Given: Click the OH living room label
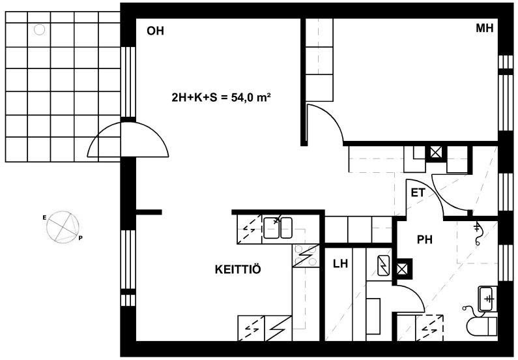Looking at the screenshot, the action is point(155,31).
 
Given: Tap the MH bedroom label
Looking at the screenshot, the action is point(484,28).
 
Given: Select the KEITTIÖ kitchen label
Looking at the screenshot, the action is point(238,269).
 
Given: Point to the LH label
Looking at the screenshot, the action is point(340,263).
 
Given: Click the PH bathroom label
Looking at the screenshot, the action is point(425,239).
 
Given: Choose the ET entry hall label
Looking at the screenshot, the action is point(418,193).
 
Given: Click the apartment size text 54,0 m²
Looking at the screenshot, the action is point(251,98).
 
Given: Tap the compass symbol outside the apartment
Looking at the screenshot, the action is point(63,227).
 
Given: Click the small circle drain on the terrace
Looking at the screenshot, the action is point(39,30).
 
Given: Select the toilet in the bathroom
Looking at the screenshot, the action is point(482,325).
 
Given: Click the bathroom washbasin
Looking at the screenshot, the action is point(487,299).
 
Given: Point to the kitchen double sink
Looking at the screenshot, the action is point(278,228).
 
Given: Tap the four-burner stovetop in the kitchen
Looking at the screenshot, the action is point(306,256).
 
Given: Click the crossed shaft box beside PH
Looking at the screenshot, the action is point(402,269).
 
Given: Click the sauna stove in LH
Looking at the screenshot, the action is point(384,265).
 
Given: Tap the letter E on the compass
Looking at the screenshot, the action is point(44,217).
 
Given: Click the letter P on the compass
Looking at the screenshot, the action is point(80,238).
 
